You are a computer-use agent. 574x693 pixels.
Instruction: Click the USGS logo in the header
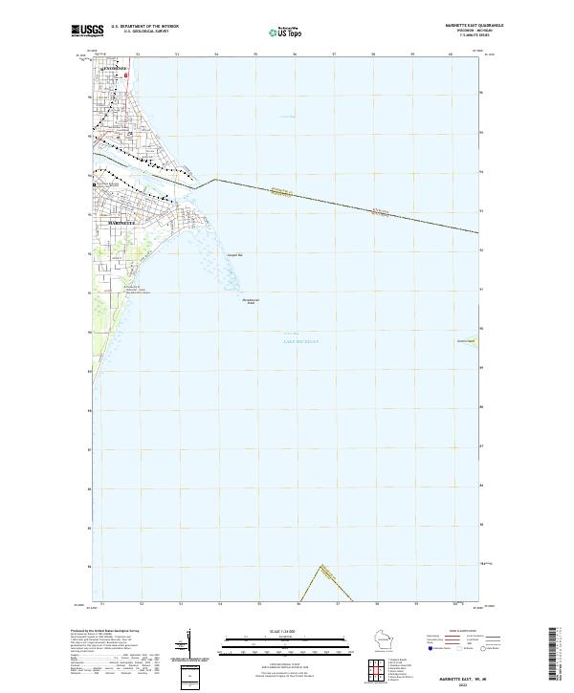tap(87, 31)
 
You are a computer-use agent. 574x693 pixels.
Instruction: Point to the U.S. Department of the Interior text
tap(144, 27)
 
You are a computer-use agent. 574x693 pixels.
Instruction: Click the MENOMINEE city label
tap(115, 69)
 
